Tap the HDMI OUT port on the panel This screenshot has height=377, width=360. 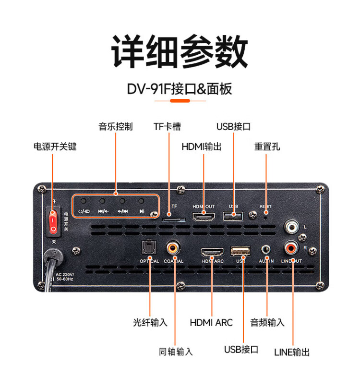(204, 216)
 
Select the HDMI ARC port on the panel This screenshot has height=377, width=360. (212, 252)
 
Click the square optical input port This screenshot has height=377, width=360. (147, 249)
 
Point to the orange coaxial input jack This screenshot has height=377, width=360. (173, 248)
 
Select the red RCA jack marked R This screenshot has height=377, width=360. (291, 249)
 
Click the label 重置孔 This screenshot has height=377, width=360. (267, 146)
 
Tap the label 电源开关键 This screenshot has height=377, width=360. (55, 146)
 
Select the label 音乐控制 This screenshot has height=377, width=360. (116, 127)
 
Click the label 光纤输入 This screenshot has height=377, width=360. (150, 322)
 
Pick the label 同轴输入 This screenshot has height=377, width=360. (176, 352)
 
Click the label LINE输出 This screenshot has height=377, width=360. (292, 352)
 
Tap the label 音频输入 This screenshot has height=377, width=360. (267, 322)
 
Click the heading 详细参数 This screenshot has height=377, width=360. (180, 51)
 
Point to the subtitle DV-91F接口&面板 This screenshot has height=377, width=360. (180, 89)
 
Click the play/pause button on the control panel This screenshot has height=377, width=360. (142, 202)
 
